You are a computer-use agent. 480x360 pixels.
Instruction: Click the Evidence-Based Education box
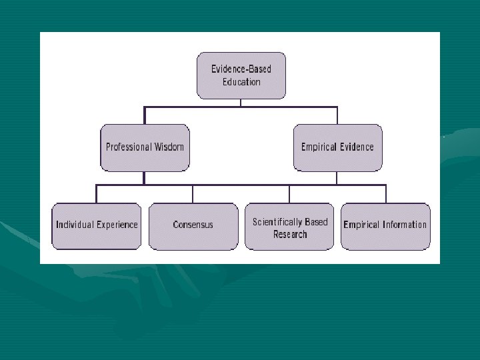(x=241, y=75)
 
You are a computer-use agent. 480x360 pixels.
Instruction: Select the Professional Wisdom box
(x=144, y=147)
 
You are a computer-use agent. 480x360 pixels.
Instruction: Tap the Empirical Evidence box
(x=337, y=147)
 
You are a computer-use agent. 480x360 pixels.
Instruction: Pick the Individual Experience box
(x=97, y=225)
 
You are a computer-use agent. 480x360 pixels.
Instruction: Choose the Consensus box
(x=193, y=225)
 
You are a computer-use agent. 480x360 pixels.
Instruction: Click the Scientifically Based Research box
(x=289, y=227)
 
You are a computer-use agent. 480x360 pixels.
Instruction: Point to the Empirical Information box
(x=385, y=225)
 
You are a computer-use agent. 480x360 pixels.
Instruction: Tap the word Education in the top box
(x=241, y=82)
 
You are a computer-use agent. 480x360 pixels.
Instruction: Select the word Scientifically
(x=277, y=222)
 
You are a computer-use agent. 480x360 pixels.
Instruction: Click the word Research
(x=290, y=234)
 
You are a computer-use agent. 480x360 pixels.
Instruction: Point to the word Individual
(x=75, y=225)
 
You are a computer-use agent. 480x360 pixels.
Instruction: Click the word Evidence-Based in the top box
(x=241, y=69)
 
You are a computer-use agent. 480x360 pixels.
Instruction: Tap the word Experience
(x=117, y=225)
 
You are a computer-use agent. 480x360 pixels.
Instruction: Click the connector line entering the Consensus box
(x=193, y=194)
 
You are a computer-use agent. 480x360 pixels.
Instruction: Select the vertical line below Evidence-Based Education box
(x=241, y=102)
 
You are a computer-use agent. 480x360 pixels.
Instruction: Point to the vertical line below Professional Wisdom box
(x=144, y=178)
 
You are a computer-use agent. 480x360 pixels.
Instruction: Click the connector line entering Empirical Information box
(x=385, y=194)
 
